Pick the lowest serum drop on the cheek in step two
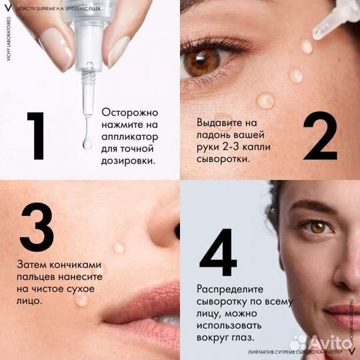pyautogui.click(x=265, y=101)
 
